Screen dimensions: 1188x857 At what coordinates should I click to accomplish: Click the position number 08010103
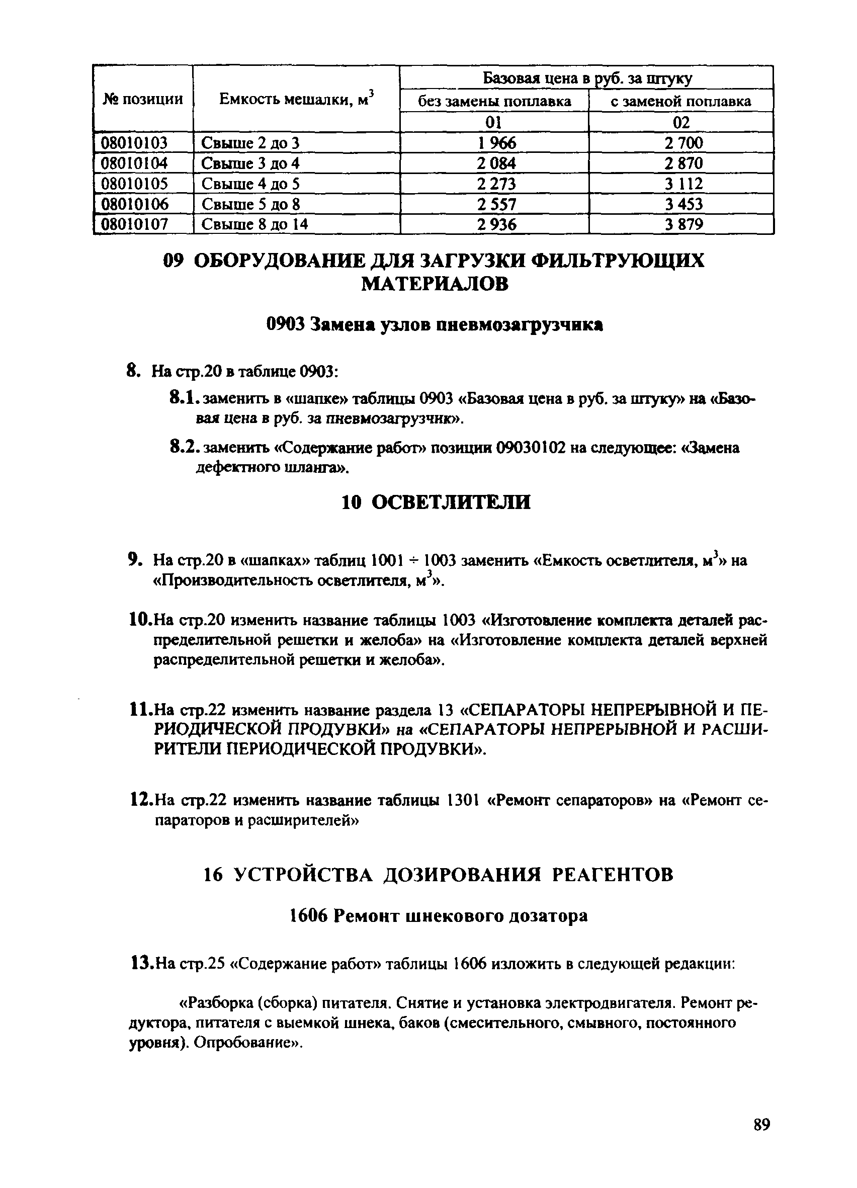pyautogui.click(x=134, y=142)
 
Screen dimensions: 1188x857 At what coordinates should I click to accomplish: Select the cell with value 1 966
pyautogui.click(x=496, y=142)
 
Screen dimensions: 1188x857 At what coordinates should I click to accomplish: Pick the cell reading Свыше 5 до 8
pyautogui.click(x=250, y=204)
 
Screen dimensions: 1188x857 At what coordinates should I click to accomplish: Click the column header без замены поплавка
pyautogui.click(x=494, y=101)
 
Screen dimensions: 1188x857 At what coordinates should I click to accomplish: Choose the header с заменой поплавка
pyautogui.click(x=680, y=101)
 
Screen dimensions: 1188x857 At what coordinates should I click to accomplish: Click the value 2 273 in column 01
pyautogui.click(x=496, y=184)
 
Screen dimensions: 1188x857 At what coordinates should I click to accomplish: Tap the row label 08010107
pyautogui.click(x=134, y=225)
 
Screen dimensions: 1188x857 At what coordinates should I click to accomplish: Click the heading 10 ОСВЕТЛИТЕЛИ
pyautogui.click(x=436, y=502)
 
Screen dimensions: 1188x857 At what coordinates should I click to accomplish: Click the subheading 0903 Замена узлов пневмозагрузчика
pyautogui.click(x=434, y=325)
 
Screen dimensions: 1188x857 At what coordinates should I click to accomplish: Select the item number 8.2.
pyautogui.click(x=185, y=448)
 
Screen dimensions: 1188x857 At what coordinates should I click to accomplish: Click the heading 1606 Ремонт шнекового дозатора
pyautogui.click(x=438, y=915)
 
